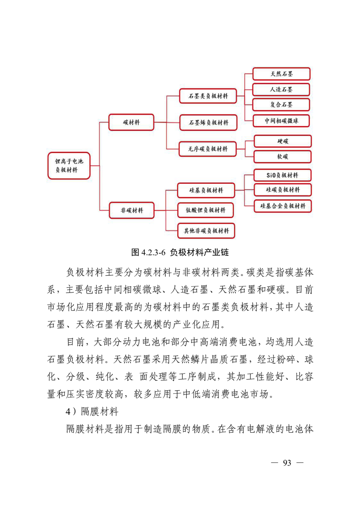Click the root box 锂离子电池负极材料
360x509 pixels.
69,166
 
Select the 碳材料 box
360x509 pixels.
131,122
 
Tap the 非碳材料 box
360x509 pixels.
131,210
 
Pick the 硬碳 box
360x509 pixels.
283,141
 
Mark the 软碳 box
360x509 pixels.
283,157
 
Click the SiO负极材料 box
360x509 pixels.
282,175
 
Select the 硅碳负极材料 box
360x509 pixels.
282,190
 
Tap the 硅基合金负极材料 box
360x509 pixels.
282,206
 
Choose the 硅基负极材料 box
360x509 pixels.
206,190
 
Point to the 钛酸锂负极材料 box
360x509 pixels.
206,210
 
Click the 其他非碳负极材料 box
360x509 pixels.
206,230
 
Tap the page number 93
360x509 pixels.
287,463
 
